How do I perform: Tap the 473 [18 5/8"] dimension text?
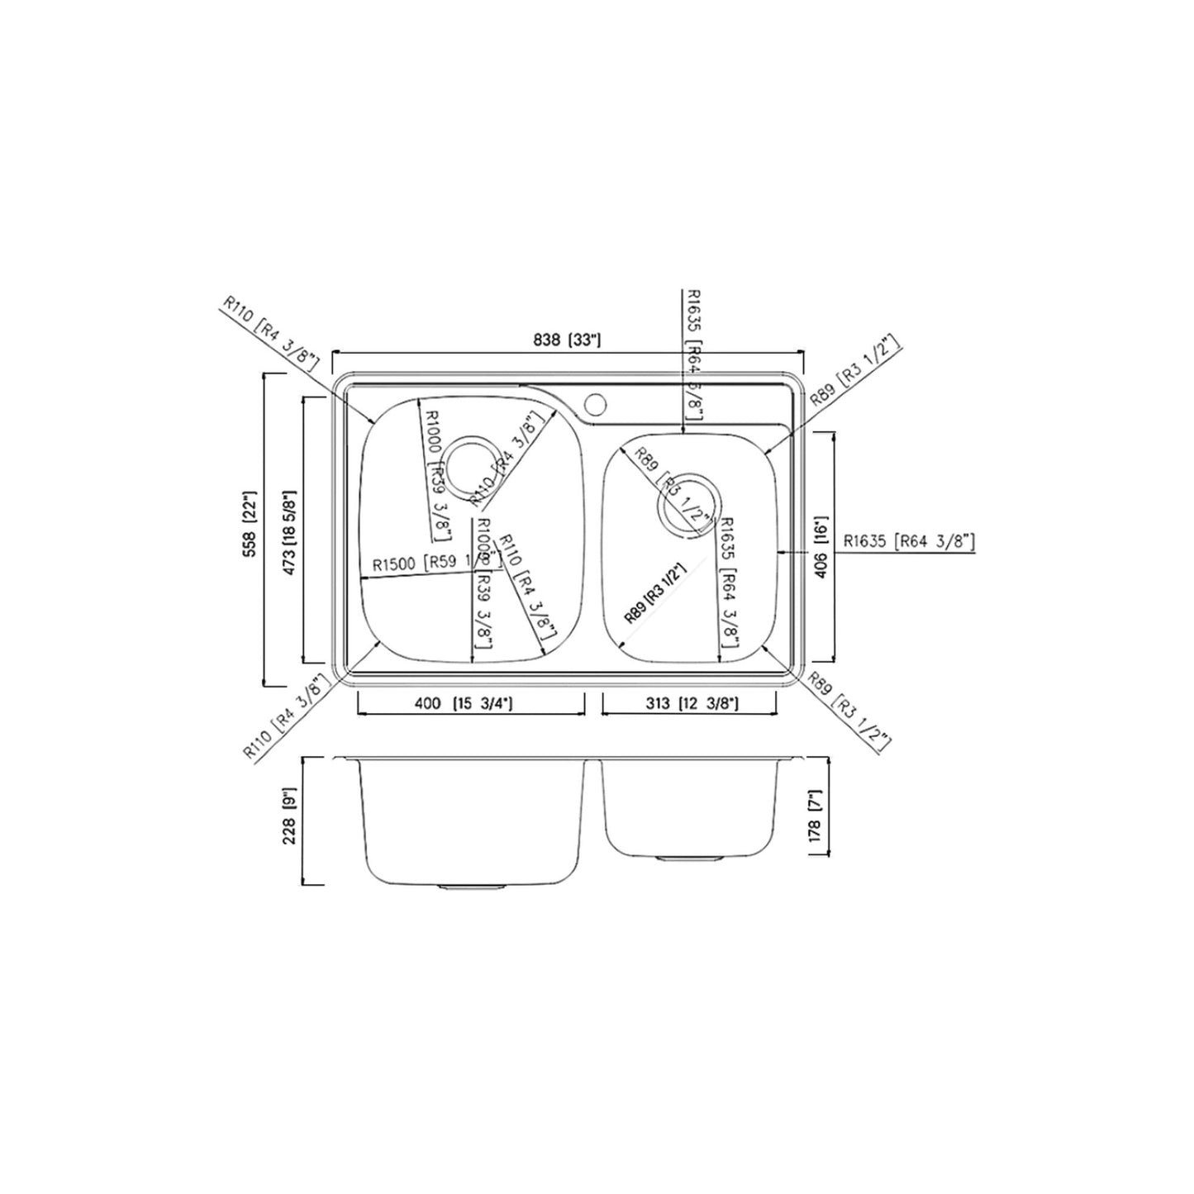click(290, 530)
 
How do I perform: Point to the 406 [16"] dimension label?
click(821, 547)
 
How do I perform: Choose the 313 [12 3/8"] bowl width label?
click(691, 704)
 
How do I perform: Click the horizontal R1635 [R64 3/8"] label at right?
click(909, 542)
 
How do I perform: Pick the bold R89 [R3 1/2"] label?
click(656, 593)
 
